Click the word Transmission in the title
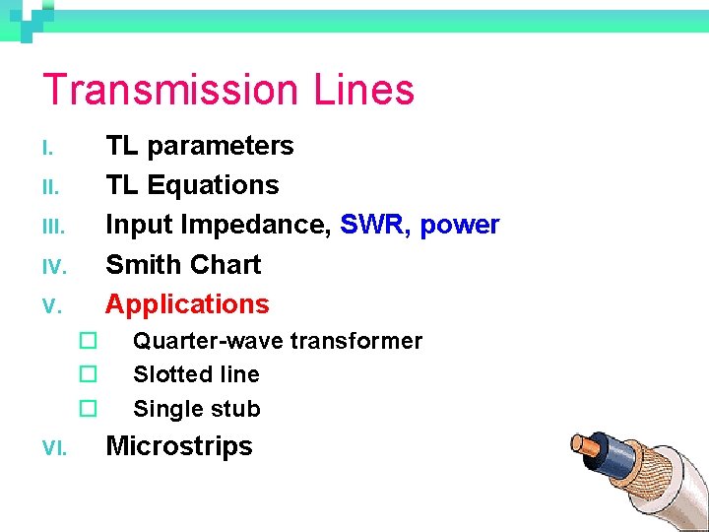point(172,90)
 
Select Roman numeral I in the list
point(45,149)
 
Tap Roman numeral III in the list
point(53,228)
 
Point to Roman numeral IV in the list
point(53,267)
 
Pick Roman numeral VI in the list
point(53,448)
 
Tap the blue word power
point(460,226)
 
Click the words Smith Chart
point(183,264)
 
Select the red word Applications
point(187,303)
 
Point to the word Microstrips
point(179,445)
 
